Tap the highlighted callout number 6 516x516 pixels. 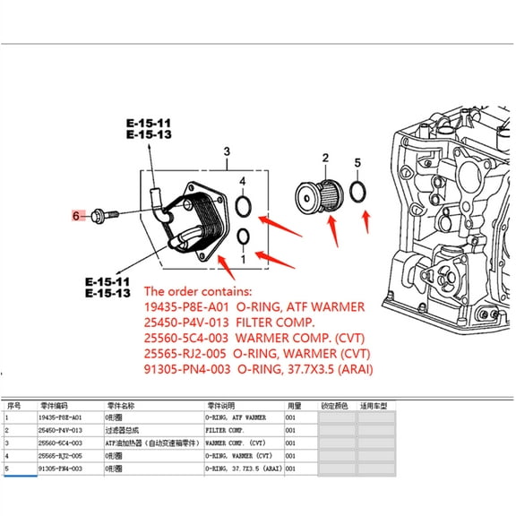pyautogui.click(x=78, y=215)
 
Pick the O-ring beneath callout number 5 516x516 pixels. pyautogui.click(x=357, y=192)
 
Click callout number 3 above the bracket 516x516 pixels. pyautogui.click(x=227, y=152)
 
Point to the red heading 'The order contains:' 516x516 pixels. pyautogui.click(x=201, y=292)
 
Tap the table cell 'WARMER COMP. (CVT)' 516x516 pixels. pyautogui.click(x=237, y=443)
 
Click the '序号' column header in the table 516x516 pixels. pyautogui.click(x=13, y=405)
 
